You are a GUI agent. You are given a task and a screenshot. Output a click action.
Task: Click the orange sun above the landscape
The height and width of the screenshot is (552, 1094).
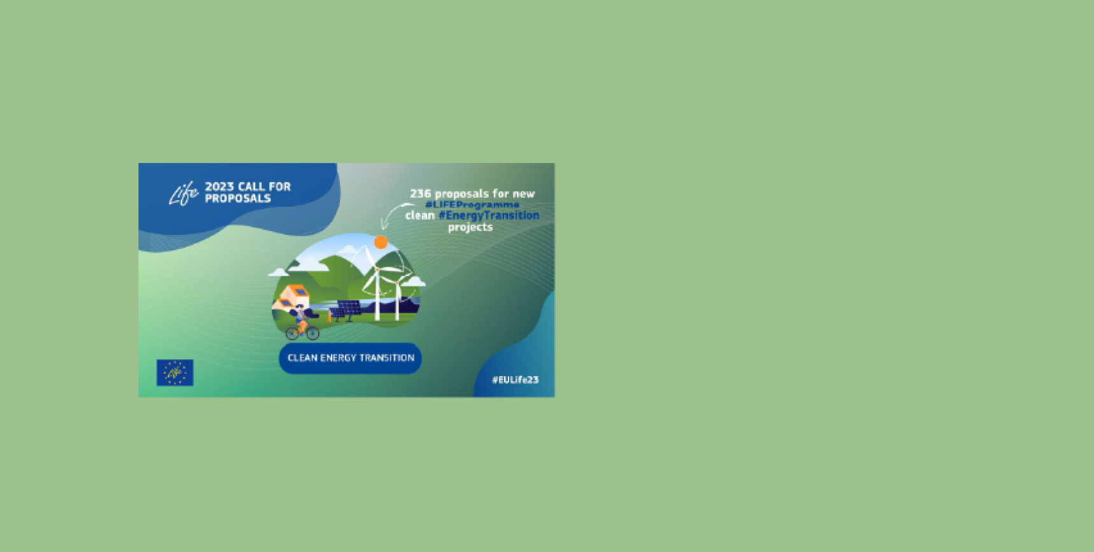click(x=381, y=242)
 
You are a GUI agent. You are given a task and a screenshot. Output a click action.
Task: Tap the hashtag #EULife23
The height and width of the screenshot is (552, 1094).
click(x=515, y=380)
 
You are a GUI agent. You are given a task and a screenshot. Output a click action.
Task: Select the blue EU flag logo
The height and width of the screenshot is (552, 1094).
click(x=175, y=372)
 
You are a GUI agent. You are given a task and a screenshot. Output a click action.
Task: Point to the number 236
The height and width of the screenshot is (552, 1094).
click(x=421, y=194)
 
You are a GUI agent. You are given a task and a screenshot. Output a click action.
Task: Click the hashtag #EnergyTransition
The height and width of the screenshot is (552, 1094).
click(x=489, y=215)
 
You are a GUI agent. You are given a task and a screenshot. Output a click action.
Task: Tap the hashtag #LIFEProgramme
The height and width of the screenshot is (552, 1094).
click(x=472, y=204)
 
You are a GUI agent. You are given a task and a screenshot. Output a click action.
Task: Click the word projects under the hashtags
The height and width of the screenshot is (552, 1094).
click(x=470, y=227)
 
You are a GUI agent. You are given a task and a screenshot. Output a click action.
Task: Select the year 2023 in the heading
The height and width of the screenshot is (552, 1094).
click(x=220, y=187)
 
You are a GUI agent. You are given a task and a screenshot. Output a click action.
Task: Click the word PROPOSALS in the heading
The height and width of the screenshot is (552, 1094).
click(x=238, y=198)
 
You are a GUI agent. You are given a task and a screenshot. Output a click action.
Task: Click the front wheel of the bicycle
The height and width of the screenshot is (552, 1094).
click(x=312, y=333)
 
